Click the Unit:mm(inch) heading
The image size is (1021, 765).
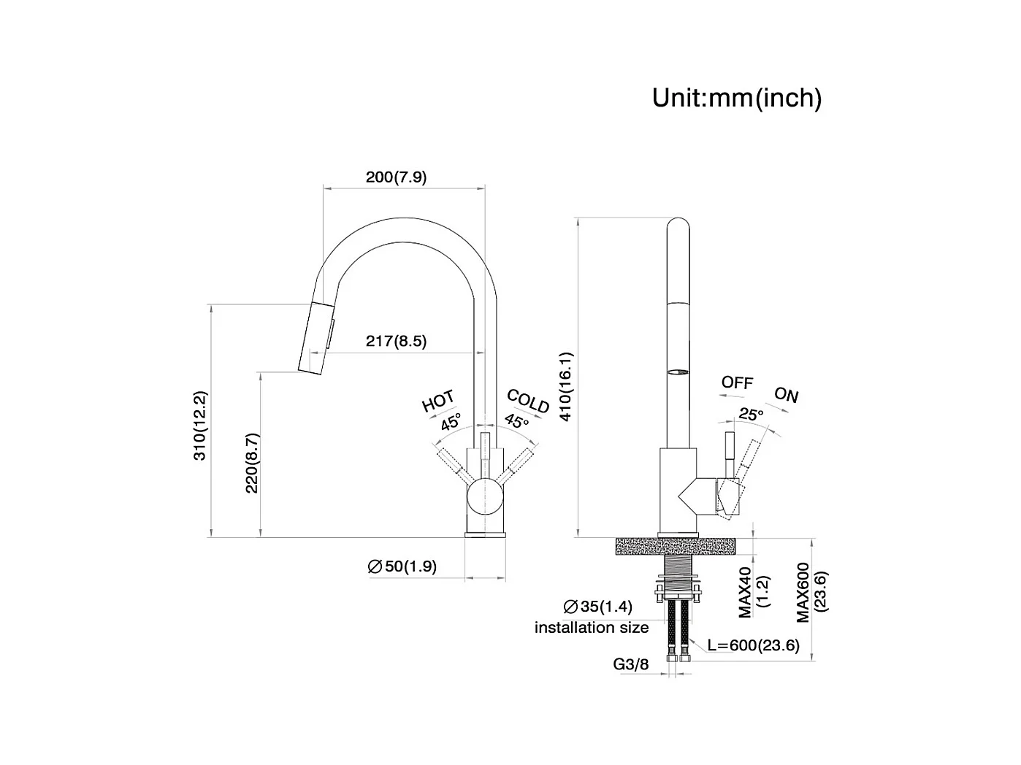737,98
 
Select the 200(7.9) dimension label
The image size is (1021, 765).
396,177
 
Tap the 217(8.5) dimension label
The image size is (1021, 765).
396,341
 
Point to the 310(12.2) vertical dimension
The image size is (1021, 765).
200,426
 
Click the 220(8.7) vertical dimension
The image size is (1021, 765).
252,463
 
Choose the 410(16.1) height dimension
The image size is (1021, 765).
566,387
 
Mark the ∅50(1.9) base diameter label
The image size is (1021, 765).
402,566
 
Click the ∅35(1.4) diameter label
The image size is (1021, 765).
597,607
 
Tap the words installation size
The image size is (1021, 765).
592,628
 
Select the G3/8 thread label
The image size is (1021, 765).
630,664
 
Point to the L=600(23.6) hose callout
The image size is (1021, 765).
754,645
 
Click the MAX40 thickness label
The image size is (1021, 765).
746,592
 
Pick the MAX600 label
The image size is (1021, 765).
803,593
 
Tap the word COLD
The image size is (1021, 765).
528,401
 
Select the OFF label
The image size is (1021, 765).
737,382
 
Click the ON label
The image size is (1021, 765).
786,395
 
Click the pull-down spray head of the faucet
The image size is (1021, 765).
316,338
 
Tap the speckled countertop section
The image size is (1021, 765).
676,546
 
